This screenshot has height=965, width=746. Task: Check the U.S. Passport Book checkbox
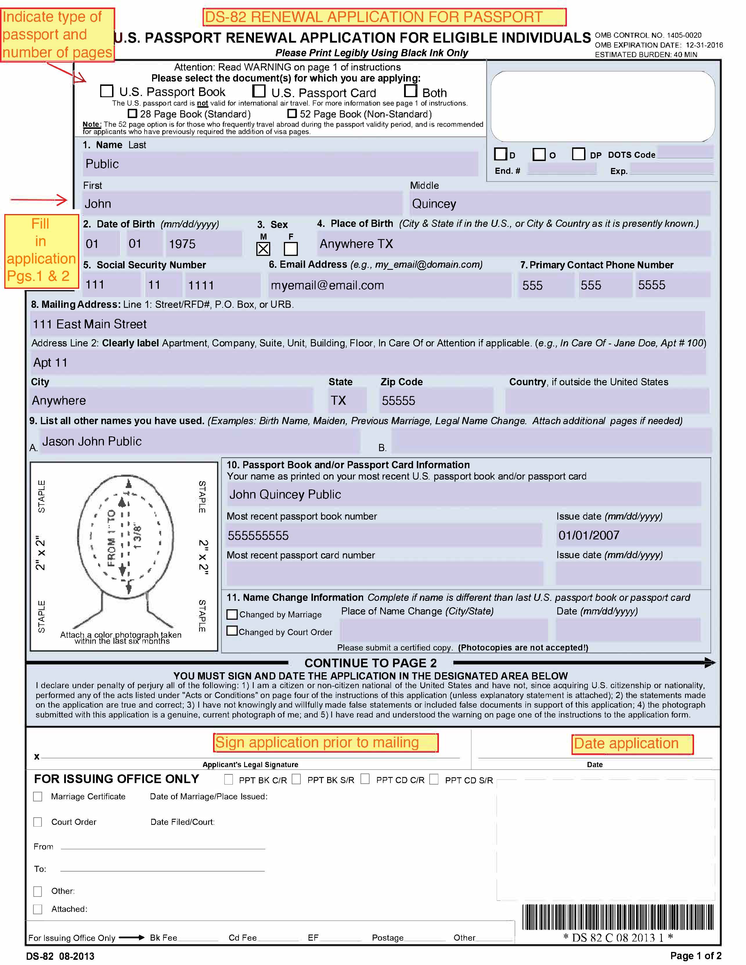(x=107, y=91)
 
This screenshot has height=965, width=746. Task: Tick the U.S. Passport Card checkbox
(x=259, y=91)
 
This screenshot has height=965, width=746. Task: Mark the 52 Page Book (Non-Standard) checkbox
(x=292, y=113)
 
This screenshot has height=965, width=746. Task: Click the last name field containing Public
(x=280, y=164)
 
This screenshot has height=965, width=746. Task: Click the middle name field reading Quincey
(x=560, y=204)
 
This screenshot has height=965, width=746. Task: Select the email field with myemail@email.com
(x=389, y=285)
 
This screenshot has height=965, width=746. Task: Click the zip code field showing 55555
(x=436, y=400)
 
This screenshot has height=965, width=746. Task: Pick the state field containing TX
(x=347, y=400)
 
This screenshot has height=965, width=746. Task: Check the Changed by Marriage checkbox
(x=232, y=614)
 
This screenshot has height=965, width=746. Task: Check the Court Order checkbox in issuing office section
(x=38, y=822)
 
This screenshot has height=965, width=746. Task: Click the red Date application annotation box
(x=633, y=744)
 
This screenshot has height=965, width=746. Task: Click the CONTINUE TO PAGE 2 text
(x=370, y=663)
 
